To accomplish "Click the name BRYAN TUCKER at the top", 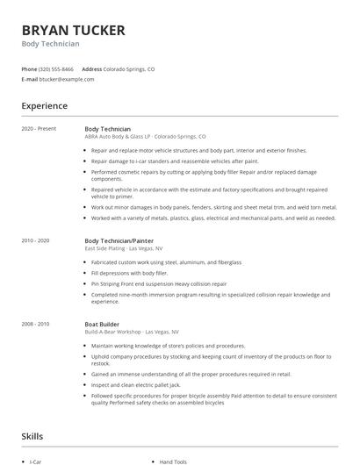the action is [x=74, y=30].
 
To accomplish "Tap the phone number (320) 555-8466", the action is [x=57, y=68].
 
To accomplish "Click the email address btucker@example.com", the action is [x=66, y=78].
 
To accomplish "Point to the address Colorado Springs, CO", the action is [x=129, y=68].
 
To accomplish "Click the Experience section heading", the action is [x=45, y=106].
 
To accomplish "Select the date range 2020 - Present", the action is [x=39, y=129].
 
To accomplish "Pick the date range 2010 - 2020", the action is [x=36, y=240].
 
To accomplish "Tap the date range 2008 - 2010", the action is [x=36, y=324].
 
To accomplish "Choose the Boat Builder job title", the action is [x=102, y=324].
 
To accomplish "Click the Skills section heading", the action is [x=33, y=436].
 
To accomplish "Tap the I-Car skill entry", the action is [x=36, y=461].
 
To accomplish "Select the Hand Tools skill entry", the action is [x=173, y=461].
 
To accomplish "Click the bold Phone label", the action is [x=29, y=68].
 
